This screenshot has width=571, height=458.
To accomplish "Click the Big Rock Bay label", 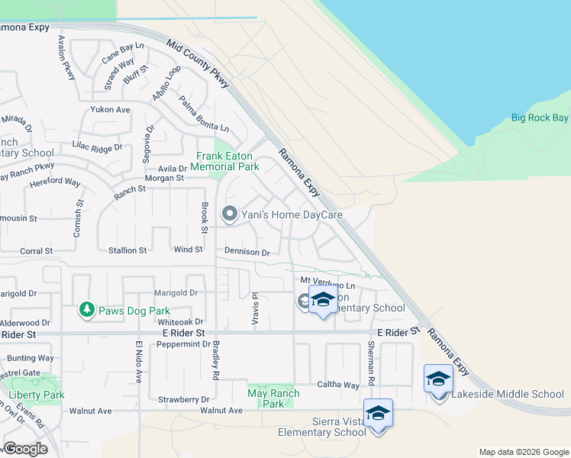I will point(540,118).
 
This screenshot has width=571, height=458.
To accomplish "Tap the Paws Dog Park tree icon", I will point(86,309).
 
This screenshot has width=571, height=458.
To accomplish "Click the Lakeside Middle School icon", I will point(438,380).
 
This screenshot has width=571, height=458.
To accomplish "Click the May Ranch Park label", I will point(273,398).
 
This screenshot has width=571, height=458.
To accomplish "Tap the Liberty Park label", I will point(37,395).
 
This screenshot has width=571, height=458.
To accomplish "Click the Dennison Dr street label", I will point(247,252).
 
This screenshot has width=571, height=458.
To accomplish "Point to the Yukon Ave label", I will point(111,110).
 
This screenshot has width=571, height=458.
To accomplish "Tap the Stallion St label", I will point(127,250).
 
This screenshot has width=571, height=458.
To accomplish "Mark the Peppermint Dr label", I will point(183,344).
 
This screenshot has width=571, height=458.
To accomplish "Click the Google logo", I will point(26,449).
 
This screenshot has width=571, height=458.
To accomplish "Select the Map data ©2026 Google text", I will point(522,452).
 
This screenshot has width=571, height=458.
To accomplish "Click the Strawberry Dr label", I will point(183,399).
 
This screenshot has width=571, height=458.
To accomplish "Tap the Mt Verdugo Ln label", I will point(327,282).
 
